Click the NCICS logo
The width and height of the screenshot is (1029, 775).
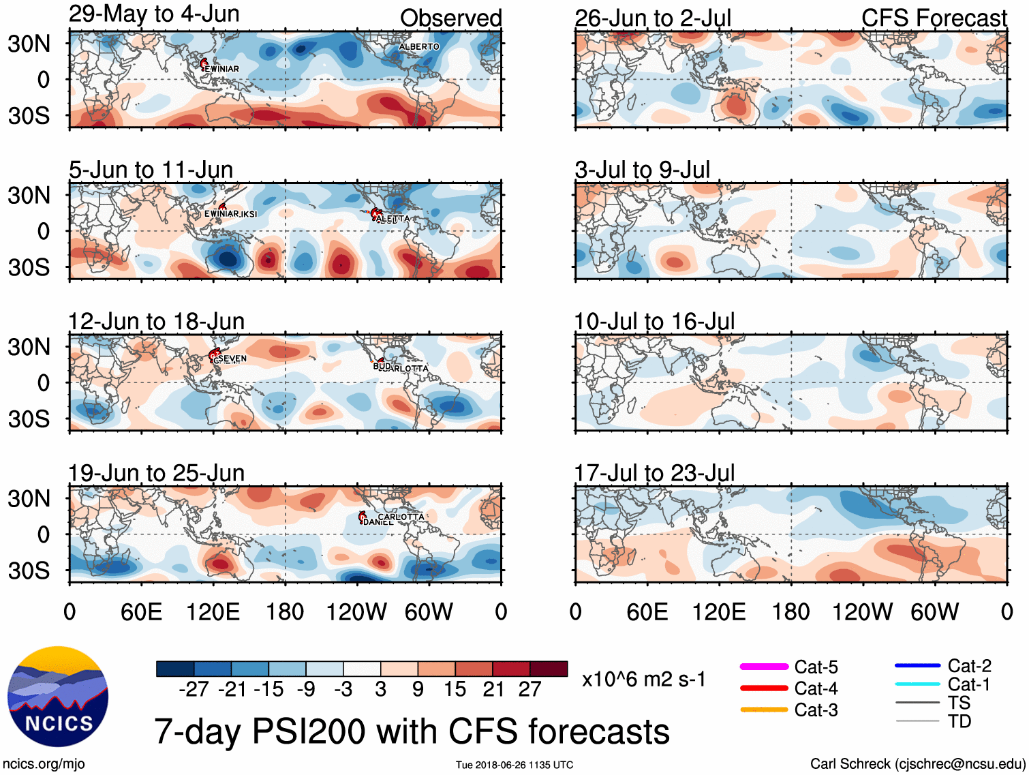tap(58, 696)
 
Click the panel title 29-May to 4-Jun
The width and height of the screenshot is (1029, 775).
tap(154, 14)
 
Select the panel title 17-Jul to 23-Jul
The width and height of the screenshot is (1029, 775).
tap(654, 473)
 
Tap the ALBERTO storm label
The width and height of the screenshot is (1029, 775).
tap(419, 46)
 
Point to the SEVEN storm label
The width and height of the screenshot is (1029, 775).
tap(232, 359)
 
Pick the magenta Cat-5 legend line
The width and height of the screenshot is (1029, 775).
tap(764, 667)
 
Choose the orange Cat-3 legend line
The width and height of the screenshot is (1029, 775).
tap(764, 710)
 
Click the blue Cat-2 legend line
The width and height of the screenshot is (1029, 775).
tap(917, 665)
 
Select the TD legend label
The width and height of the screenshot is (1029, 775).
tap(959, 721)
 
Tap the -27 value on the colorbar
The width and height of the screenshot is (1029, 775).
tap(194, 689)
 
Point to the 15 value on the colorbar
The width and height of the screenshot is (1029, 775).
tap(455, 689)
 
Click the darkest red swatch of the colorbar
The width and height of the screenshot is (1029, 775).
tap(549, 669)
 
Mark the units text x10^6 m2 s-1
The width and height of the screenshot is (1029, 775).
tap(643, 680)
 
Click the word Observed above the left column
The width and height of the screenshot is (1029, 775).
tap(450, 18)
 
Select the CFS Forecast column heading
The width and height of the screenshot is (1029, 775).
tap(934, 18)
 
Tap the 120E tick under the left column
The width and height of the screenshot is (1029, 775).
tap(213, 612)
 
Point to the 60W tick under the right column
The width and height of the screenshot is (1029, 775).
tap(934, 612)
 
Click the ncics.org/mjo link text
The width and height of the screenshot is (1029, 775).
tap(44, 764)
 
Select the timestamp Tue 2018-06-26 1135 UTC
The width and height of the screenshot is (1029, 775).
tap(514, 765)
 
